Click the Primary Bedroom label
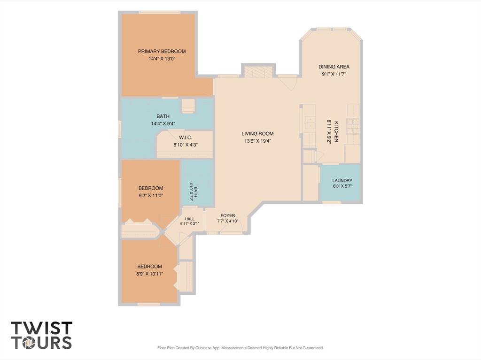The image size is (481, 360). point(162,51)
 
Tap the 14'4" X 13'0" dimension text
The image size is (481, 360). point(162,59)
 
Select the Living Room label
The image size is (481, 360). point(257,134)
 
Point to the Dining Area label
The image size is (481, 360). point(334,67)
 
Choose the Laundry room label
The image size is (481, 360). point(342,181)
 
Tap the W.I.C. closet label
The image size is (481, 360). point(186,138)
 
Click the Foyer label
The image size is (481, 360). point(228,215)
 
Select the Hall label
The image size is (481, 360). point(190,219)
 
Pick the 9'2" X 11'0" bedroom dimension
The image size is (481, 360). point(151,195)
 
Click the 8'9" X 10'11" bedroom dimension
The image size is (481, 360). point(149,274)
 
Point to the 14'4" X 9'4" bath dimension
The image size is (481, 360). point(163,123)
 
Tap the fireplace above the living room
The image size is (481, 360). point(258,71)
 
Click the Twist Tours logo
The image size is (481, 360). point(42,335)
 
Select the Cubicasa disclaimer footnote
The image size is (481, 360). point(240,348)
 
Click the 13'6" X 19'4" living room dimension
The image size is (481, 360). point(258,141)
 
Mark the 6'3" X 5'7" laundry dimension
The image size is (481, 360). point(342,186)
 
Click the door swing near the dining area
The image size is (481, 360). point(288,82)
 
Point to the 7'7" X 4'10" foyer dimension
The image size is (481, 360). point(228,221)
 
